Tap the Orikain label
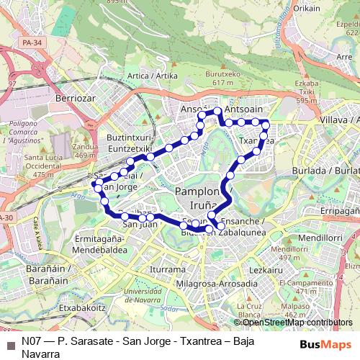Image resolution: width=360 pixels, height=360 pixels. [x=306, y=9]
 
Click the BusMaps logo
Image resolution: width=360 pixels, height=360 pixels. [x=325, y=344]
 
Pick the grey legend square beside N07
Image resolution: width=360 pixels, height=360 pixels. [x=10, y=342]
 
